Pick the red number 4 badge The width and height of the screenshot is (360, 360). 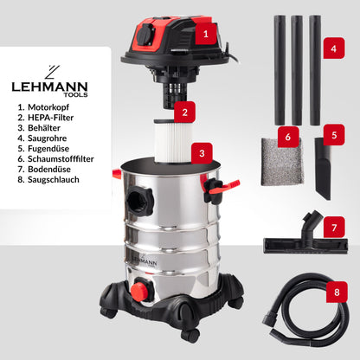(x=333, y=49)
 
